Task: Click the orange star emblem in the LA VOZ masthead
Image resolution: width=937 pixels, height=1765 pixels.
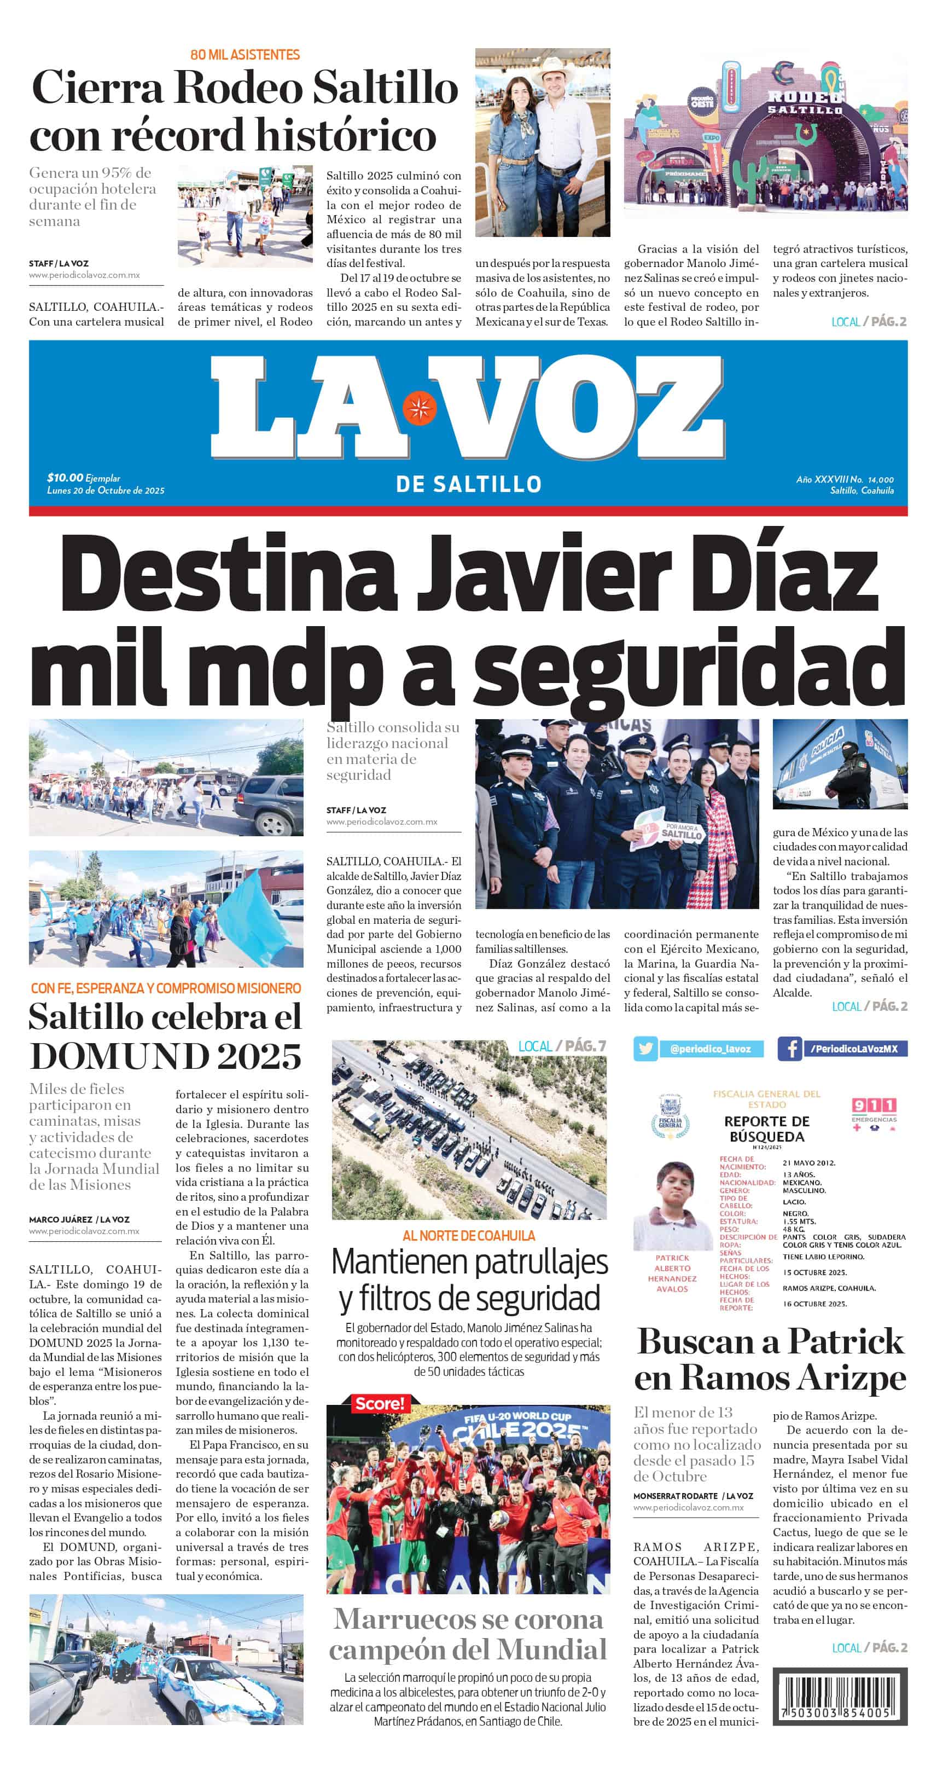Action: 419,408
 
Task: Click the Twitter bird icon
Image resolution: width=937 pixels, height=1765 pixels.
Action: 644,1048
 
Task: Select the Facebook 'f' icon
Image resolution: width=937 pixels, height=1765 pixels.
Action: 790,1048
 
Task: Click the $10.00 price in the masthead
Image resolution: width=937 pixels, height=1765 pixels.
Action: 65,478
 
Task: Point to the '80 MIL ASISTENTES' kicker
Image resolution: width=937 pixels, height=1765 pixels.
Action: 245,55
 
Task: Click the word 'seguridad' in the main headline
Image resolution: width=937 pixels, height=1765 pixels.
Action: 688,670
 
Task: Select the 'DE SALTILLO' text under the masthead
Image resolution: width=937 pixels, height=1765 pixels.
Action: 468,484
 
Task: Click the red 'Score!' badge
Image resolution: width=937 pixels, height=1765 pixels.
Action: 379,1404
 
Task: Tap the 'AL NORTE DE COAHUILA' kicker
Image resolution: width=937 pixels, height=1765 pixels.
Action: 468,1235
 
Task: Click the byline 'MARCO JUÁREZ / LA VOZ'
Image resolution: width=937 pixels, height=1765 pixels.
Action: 79,1219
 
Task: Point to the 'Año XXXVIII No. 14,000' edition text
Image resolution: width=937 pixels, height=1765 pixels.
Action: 844,479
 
